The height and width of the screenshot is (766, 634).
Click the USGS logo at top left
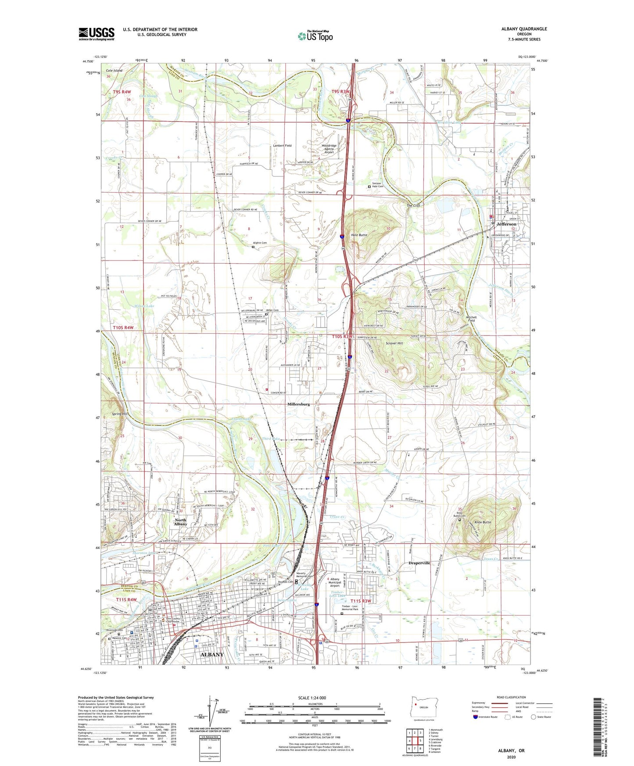97,34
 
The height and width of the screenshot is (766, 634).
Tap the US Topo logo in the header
315,36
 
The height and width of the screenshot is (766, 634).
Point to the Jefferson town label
506,224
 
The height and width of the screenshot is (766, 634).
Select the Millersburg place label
298,404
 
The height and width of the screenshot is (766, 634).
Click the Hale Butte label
359,235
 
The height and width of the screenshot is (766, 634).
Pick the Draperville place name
419,563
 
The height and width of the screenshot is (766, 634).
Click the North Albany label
180,523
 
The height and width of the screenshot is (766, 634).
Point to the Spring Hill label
120,414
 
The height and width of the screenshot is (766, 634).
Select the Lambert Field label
282,146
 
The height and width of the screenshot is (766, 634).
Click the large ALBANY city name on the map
212,655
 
